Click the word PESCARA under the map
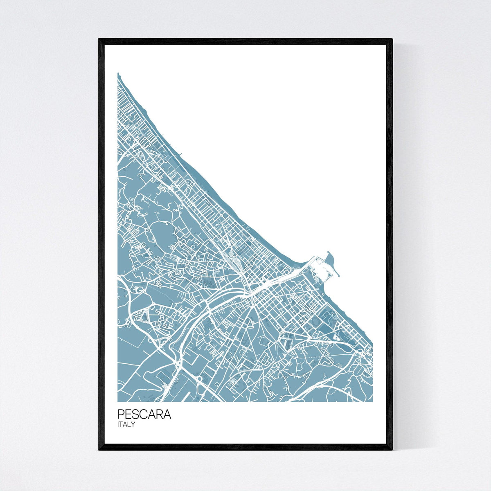pos(144,414)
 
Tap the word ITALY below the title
pos(126,425)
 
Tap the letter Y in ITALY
pos(133,425)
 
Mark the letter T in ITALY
pos(122,425)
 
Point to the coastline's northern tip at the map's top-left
pos(118,74)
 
